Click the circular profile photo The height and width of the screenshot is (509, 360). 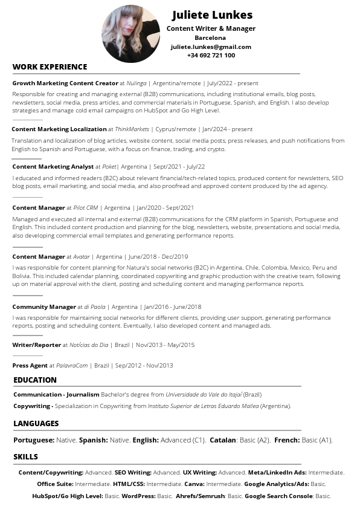click(x=130, y=34)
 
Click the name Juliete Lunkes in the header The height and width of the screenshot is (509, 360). click(x=212, y=15)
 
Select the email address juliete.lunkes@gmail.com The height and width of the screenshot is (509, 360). click(x=211, y=47)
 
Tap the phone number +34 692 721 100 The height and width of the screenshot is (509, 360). click(x=211, y=55)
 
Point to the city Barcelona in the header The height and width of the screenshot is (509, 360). click(x=210, y=37)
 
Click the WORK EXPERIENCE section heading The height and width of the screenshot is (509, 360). click(x=50, y=67)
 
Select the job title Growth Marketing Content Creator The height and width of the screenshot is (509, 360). click(x=65, y=83)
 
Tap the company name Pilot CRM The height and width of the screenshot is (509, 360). click(x=85, y=207)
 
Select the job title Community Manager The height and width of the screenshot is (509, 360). click(x=44, y=306)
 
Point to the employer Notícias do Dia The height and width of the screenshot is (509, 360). click(x=89, y=345)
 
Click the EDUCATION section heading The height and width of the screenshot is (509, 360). click(x=35, y=380)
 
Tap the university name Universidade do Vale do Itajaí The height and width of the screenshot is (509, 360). click(x=204, y=394)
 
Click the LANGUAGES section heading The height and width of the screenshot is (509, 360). click(x=36, y=424)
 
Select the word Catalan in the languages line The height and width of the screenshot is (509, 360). click(x=222, y=440)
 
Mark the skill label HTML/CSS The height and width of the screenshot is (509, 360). click(x=128, y=484)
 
